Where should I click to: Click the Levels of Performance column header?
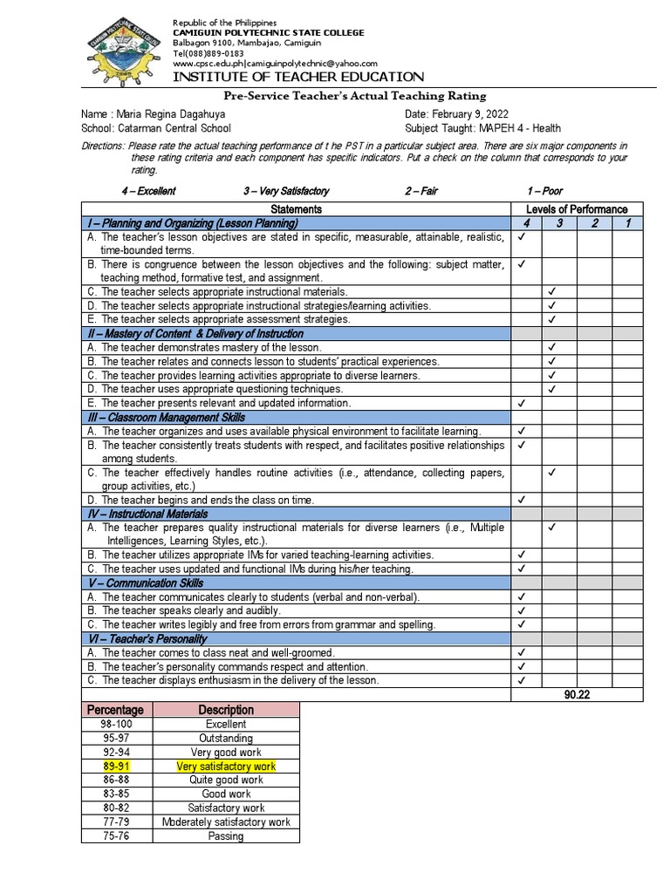(576, 209)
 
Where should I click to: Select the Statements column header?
(297, 209)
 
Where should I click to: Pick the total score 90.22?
(578, 694)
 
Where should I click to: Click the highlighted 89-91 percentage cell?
(116, 766)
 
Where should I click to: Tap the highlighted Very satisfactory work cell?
(226, 766)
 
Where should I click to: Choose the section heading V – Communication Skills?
(144, 583)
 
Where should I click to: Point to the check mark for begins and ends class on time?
(521, 500)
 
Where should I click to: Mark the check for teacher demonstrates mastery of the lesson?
(551, 347)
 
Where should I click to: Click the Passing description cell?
(226, 835)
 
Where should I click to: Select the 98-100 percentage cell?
(116, 724)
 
